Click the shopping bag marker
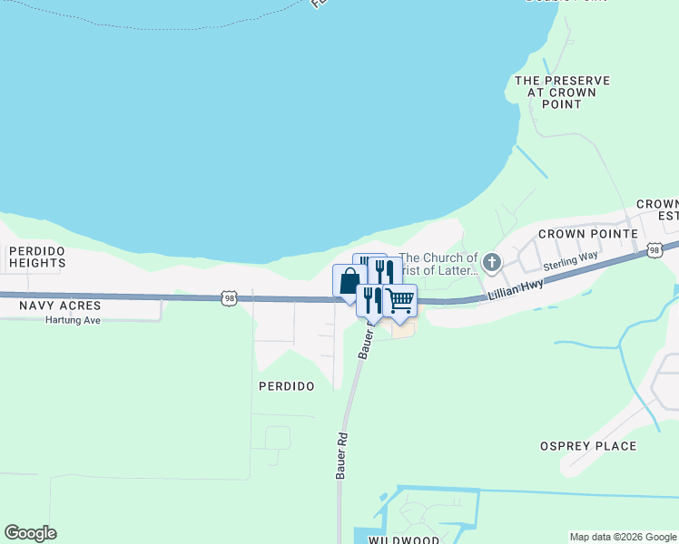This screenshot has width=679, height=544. click(x=349, y=281)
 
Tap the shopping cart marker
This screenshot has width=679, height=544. click(x=399, y=300)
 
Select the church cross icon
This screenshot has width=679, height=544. click(x=491, y=263)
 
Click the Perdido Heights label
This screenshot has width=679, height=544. click(x=37, y=257)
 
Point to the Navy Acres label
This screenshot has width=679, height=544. click(x=60, y=306)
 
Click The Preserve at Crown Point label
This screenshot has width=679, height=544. click(x=562, y=92)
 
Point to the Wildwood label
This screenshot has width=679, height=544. click(x=404, y=540)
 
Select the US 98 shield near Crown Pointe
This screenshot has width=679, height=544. click(x=654, y=249)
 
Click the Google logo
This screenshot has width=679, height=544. click(x=30, y=533)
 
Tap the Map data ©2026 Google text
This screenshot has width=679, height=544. click(x=623, y=537)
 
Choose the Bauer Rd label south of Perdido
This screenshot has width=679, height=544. click(x=343, y=461)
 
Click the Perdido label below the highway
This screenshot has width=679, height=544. click(x=287, y=386)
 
